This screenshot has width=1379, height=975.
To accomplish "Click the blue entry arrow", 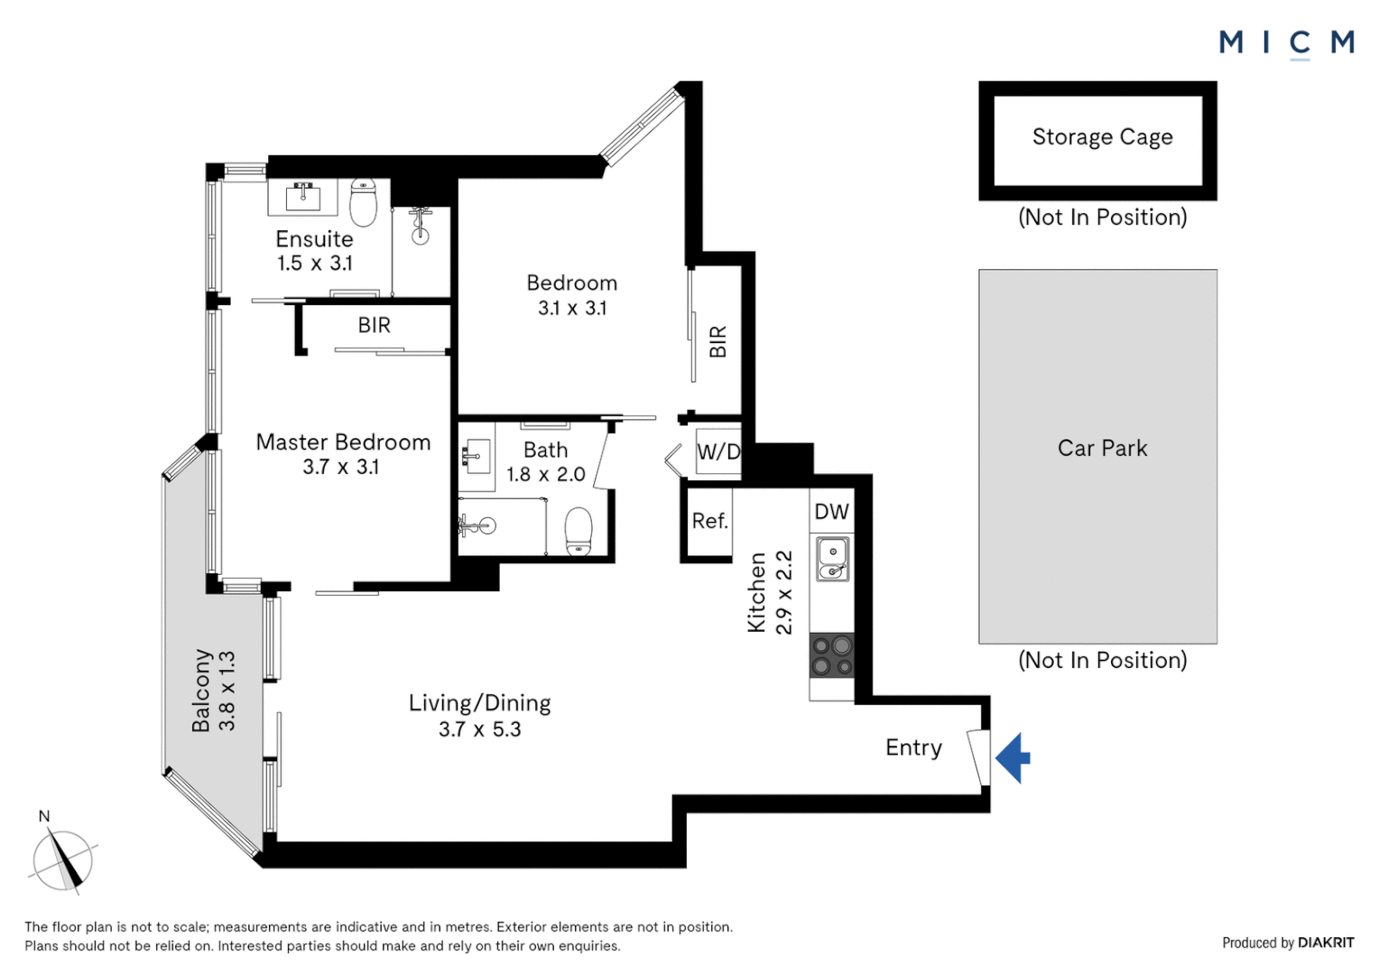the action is (1013, 757).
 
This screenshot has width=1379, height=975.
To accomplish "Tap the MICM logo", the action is (1287, 43).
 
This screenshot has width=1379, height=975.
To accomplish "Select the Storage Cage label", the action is (1103, 136).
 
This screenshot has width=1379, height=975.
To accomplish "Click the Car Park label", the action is (1103, 448).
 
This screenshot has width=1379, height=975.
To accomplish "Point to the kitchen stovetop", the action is (832, 655).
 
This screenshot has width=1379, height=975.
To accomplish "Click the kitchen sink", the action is (832, 559).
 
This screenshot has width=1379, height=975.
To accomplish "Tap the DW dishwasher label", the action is (832, 511).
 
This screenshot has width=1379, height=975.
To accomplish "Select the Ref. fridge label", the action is (710, 521).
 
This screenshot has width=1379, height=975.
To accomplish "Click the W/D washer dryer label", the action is (718, 452).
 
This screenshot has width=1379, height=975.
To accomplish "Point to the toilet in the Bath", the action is (578, 531).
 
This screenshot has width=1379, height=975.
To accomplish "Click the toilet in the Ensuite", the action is (363, 202).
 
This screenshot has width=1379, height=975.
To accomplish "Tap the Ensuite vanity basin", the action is (303, 197).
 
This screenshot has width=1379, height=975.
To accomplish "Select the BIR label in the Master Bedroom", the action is (375, 325).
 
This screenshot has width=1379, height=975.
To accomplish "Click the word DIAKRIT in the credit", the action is (1326, 942).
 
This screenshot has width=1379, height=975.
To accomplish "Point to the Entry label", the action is (913, 747).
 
